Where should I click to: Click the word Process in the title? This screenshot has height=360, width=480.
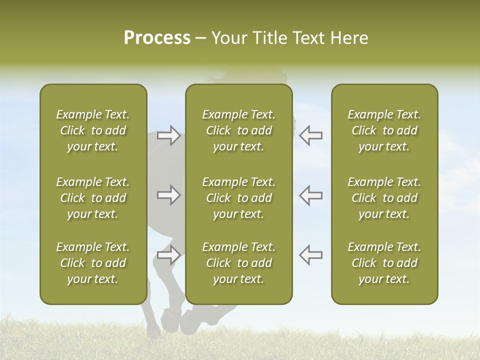point(157,38)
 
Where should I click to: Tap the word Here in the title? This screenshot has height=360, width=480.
point(349,38)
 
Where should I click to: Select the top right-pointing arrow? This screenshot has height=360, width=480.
point(169,135)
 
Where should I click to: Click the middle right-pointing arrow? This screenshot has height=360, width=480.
point(169,195)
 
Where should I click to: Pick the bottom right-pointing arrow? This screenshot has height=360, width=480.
point(169,255)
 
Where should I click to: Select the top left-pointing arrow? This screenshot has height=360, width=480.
point(310,135)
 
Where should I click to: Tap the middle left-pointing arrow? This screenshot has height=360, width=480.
point(310,195)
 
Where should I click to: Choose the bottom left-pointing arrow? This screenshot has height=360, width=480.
point(310,255)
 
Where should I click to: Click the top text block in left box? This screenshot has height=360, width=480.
point(93,130)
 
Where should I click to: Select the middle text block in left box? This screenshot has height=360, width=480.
point(93,198)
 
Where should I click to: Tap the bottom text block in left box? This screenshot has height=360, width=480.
point(93,263)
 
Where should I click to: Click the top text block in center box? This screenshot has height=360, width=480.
point(239,130)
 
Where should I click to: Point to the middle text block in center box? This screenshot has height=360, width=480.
point(239,198)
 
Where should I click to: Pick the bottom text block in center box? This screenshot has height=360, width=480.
point(239,263)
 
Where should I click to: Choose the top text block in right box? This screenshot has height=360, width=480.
point(384,130)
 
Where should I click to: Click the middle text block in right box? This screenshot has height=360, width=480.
point(384,198)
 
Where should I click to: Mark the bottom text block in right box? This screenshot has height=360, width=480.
point(384,263)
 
